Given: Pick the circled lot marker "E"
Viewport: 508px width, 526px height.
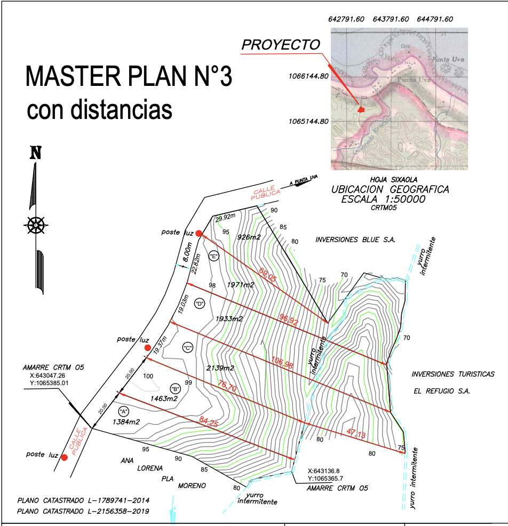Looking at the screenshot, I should coord(215,256).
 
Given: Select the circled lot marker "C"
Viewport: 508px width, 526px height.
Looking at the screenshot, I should coord(187,348).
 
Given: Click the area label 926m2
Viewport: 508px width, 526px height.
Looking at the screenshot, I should coord(249,237).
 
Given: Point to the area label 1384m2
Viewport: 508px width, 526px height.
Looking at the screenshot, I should coord(126,422).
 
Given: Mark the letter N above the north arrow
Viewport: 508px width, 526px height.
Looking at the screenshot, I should coord(35,154).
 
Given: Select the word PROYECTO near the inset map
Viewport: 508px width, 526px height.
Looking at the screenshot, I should coord(281,45).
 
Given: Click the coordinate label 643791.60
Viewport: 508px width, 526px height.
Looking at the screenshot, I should coord(391,19).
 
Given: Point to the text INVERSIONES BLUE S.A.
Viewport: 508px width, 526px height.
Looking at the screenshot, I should coord(355,240).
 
